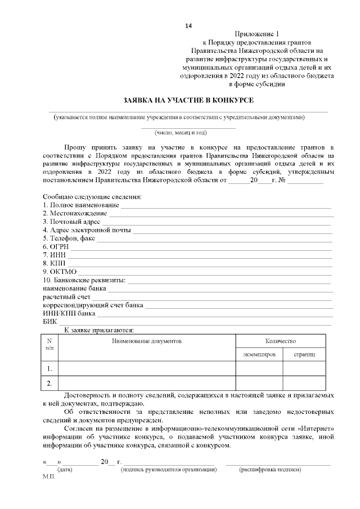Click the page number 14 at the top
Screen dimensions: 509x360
(x=188, y=26)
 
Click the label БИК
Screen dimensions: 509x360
(x=50, y=321)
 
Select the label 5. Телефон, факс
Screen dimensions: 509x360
(x=69, y=238)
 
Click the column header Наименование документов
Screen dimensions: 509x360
(x=147, y=341)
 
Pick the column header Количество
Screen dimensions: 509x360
(x=280, y=341)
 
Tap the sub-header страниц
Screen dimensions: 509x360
(x=304, y=355)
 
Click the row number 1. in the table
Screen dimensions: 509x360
(x=50, y=369)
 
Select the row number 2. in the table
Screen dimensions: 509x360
(x=50, y=384)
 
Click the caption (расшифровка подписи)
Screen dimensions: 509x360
(x=270, y=469)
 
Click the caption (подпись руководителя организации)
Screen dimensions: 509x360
(x=169, y=469)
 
